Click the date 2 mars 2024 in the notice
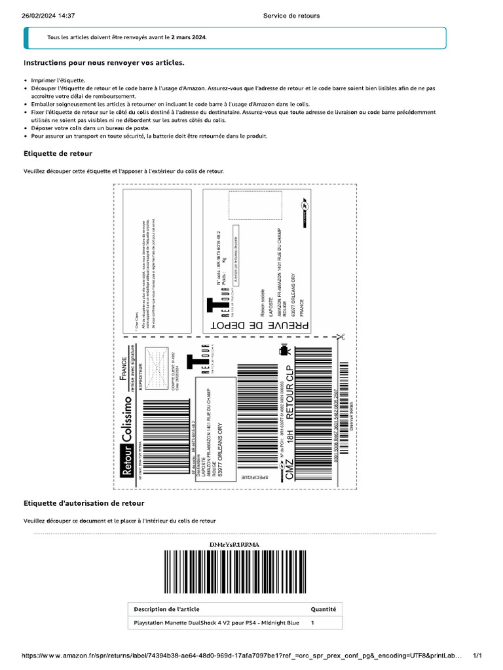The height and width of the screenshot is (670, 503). click(x=189, y=38)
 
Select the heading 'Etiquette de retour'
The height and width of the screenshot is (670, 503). click(x=58, y=154)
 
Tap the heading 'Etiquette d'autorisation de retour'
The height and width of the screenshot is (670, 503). click(x=84, y=503)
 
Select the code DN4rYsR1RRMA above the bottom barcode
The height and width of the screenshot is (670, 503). click(x=234, y=544)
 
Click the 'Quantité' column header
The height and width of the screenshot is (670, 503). click(x=323, y=609)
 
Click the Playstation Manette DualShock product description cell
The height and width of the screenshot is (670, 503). click(x=216, y=623)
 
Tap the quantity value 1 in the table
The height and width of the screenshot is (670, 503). click(x=312, y=623)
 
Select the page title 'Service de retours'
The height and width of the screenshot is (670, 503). click(x=291, y=16)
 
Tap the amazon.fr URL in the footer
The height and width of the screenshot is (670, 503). click(x=242, y=656)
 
